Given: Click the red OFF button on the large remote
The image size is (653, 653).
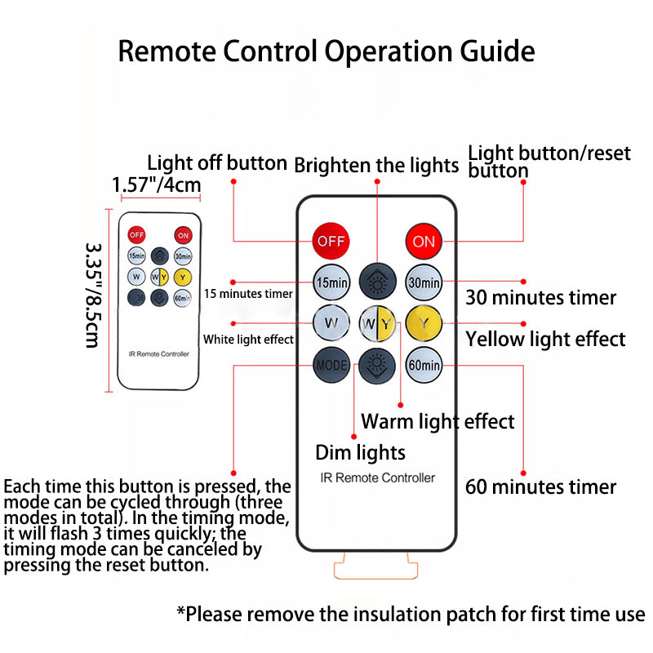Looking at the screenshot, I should pyautogui.click(x=331, y=241).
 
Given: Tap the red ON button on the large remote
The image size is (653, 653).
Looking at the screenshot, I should pyautogui.click(x=424, y=241).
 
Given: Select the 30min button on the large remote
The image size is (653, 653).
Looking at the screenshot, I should pyautogui.click(x=424, y=282).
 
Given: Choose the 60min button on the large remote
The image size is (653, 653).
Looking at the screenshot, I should pyautogui.click(x=424, y=365).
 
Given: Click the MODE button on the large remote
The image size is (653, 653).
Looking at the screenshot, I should pyautogui.click(x=331, y=365).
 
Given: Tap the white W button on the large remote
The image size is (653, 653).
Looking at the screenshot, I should pyautogui.click(x=331, y=323).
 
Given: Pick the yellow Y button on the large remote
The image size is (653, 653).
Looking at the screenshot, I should pyautogui.click(x=424, y=323).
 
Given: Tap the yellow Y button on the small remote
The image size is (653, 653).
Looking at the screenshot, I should pyautogui.click(x=182, y=277).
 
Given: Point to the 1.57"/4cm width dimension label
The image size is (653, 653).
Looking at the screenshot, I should pyautogui.click(x=156, y=185).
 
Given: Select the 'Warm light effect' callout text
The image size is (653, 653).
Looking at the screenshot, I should pyautogui.click(x=438, y=421).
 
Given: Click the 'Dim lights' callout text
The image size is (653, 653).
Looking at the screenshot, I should pyautogui.click(x=360, y=451).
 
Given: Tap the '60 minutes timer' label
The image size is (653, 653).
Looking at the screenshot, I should pyautogui.click(x=540, y=487).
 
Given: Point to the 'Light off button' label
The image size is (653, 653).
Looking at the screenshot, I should pyautogui.click(x=216, y=163).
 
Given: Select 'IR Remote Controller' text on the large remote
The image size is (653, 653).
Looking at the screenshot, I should pyautogui.click(x=377, y=478).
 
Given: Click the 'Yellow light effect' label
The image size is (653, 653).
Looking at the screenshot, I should pyautogui.click(x=545, y=338).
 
